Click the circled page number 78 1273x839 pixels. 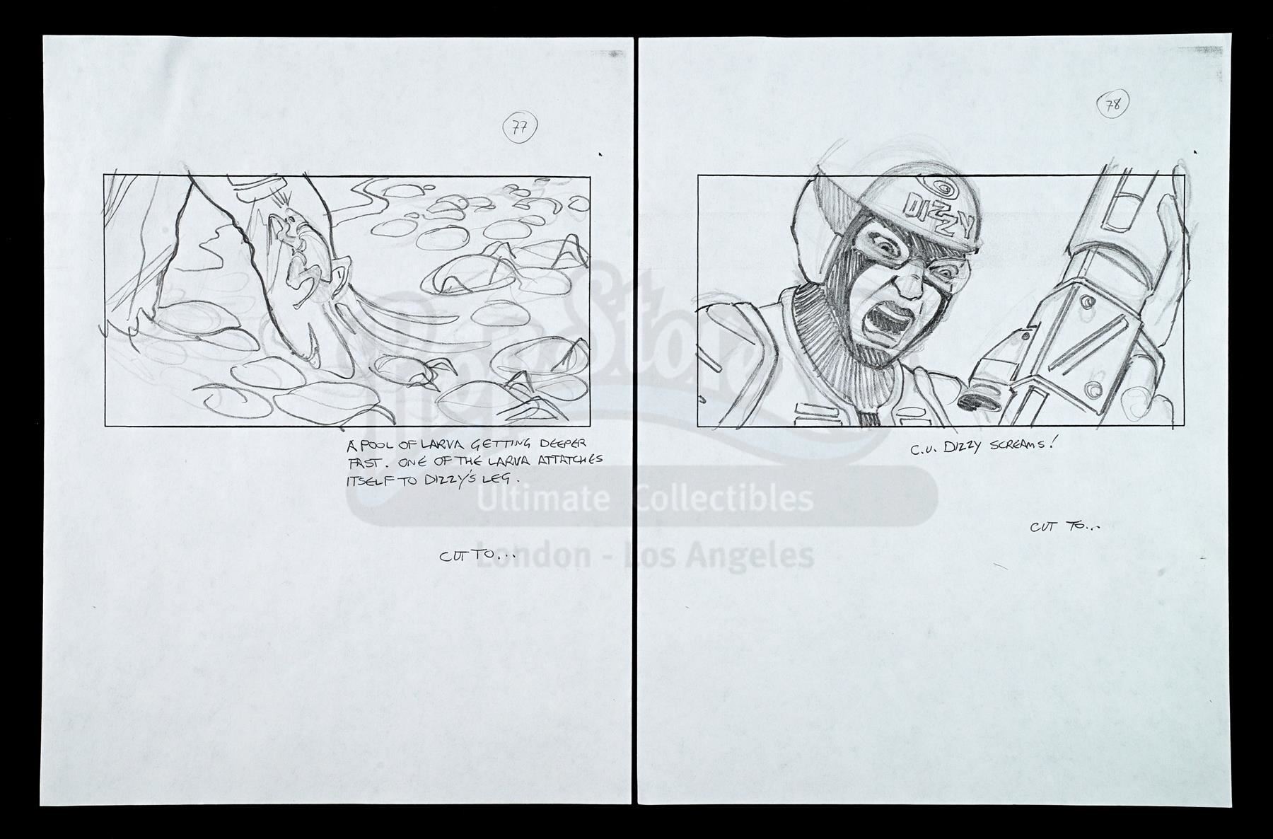(1113, 106)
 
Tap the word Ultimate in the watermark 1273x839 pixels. (542, 499)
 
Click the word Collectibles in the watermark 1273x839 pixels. (725, 499)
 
